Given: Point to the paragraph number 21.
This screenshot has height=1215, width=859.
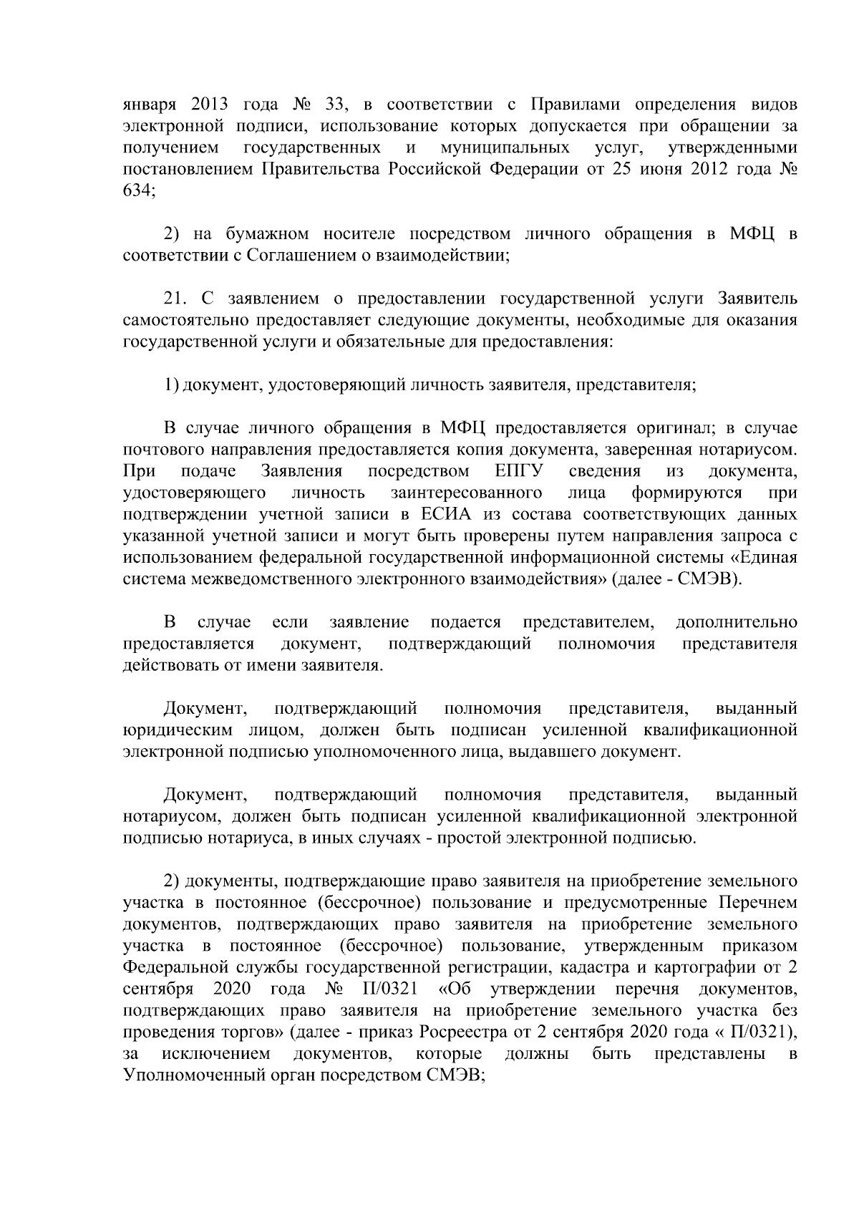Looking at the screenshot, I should point(175,298).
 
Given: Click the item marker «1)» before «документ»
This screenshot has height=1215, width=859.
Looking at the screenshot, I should point(170,384).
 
